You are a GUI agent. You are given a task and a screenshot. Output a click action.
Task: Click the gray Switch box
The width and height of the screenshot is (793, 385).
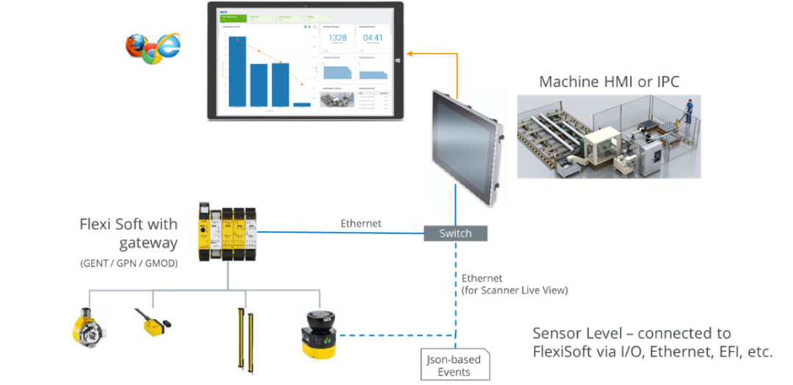pos(455,233)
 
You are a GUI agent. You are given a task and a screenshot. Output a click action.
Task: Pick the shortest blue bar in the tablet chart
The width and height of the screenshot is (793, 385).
pos(302,105)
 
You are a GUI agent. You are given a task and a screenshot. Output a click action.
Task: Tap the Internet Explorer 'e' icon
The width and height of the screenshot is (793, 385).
pos(167,46)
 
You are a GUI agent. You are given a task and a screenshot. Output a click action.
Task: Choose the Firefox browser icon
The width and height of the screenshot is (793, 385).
pos(136,46)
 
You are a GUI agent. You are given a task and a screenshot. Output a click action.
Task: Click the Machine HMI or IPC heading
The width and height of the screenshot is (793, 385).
pos(609,81)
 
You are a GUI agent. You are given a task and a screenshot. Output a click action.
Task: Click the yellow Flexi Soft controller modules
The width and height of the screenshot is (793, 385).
pos(228,231)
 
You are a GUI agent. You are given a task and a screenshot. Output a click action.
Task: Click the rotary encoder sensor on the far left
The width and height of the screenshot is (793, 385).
pos(89,328)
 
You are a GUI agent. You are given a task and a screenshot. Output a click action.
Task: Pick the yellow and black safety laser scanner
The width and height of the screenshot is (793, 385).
pos(318,334)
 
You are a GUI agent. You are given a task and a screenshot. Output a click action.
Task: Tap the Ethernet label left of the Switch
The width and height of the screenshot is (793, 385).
pos(361,223)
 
